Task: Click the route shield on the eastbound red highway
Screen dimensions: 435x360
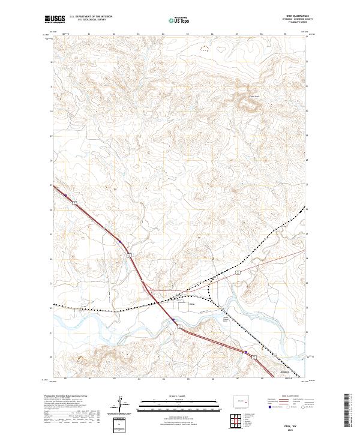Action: [237, 272]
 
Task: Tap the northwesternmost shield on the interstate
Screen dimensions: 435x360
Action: [75, 204]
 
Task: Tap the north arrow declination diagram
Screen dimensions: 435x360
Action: [121, 405]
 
